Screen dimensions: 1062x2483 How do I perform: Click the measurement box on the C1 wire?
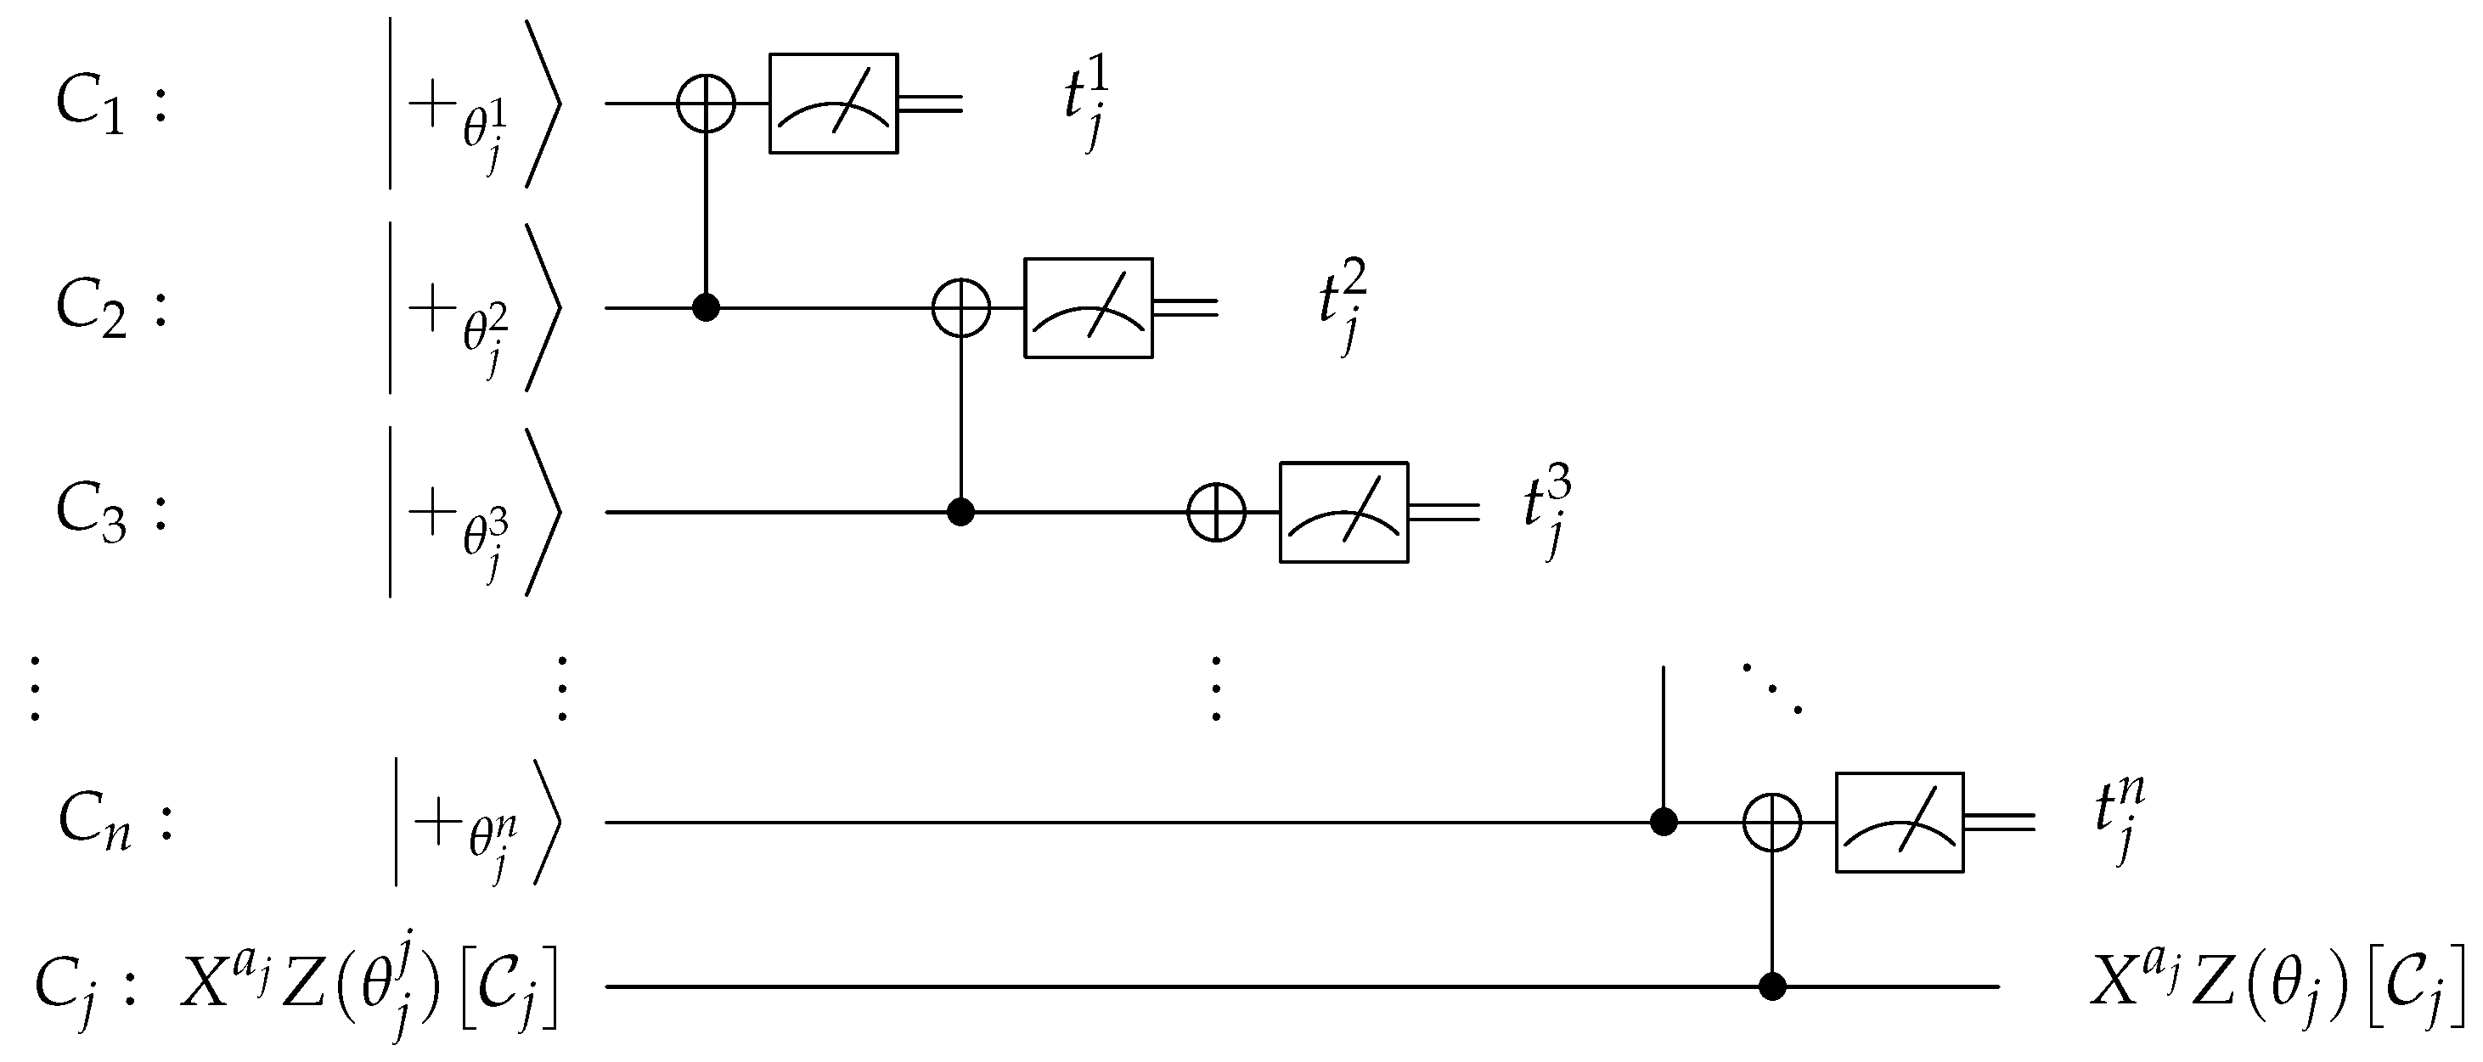coord(833,103)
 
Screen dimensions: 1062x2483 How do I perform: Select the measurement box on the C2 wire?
coord(1089,308)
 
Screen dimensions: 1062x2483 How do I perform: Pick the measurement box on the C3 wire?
coord(1343,512)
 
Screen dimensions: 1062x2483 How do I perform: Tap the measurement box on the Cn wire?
coord(1899,822)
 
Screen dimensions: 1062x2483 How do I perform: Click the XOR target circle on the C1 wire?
coord(706,103)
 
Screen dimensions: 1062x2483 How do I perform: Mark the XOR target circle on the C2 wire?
coord(961,308)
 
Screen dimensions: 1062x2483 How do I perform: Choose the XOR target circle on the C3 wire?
coord(1216,512)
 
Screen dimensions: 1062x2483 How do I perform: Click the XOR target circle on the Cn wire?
coord(1771,822)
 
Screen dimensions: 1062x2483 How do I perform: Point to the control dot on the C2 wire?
coord(706,308)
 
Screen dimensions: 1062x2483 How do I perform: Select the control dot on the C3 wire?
coord(960,512)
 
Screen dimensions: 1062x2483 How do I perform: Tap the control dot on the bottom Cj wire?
coord(1771,986)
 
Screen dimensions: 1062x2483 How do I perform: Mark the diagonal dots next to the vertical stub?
coord(1771,689)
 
